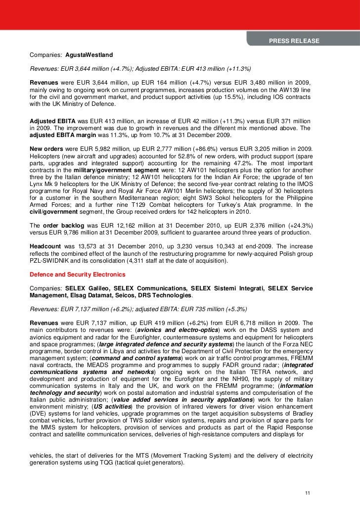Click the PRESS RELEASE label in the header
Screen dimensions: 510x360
294,41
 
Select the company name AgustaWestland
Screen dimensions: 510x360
86,54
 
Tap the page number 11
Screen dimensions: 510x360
308,493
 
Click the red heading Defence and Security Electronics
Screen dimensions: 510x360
78,274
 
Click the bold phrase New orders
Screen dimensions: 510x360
46,148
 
